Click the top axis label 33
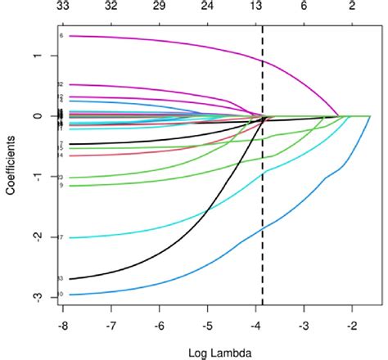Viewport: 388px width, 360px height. (x=63, y=6)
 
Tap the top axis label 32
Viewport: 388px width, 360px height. (x=111, y=6)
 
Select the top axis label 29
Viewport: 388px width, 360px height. (x=160, y=6)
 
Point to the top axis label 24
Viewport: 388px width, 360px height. (x=208, y=6)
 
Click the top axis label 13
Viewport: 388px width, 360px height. (x=256, y=6)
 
